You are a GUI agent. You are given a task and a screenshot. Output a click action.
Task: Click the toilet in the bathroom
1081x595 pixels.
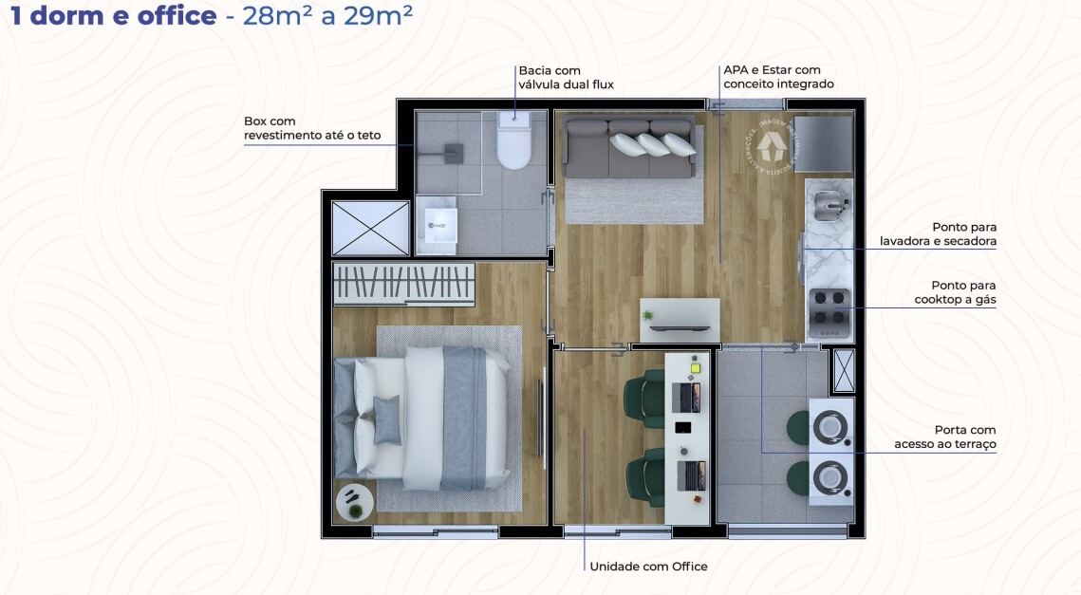514,142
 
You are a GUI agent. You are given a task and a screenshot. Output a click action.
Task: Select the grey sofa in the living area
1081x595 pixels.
628,149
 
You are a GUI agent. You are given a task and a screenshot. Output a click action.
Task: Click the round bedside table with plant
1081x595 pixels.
354,502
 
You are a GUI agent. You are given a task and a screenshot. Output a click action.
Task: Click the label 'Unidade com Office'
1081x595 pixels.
648,567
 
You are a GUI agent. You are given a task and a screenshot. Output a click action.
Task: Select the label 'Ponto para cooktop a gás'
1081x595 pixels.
956,292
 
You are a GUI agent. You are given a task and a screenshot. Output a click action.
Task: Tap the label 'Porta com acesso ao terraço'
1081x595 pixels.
945,437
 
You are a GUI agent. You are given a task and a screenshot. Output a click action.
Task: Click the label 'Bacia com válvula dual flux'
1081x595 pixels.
566,77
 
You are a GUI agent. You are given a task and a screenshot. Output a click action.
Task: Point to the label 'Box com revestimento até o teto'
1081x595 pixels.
312,128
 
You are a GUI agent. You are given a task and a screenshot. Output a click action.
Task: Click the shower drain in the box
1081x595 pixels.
455,150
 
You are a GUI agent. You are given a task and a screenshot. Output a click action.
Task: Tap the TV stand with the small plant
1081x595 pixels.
680,320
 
